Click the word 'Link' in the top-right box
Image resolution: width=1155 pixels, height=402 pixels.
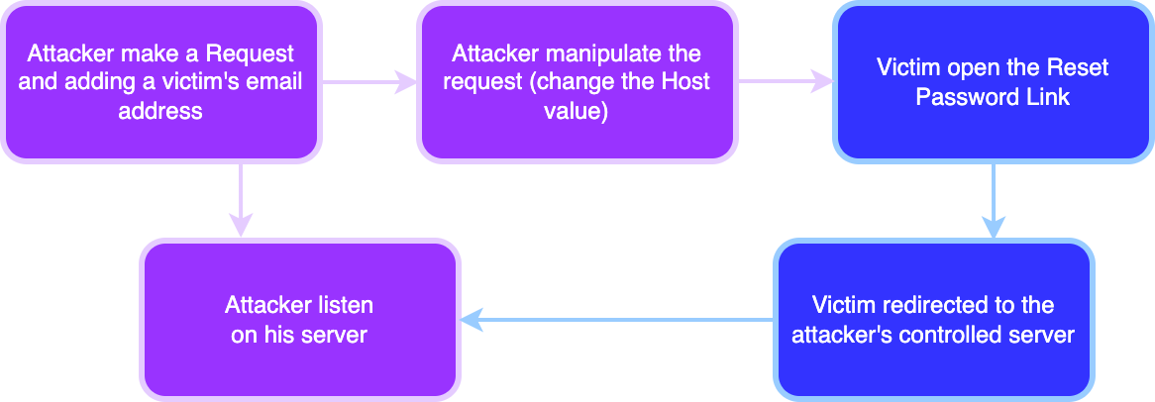click(1048, 97)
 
